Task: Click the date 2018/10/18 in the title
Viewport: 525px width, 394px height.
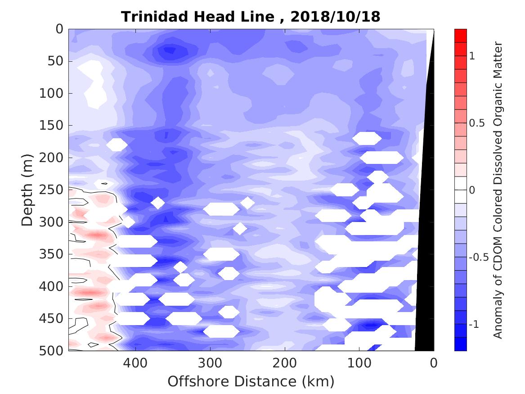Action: (336, 17)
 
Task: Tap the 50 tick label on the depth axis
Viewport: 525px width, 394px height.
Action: (56, 61)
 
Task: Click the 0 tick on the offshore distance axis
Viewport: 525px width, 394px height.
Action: (434, 362)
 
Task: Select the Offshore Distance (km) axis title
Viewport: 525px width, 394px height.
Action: (251, 382)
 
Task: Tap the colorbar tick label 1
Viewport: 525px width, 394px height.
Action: (472, 56)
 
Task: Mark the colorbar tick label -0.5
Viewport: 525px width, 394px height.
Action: (477, 258)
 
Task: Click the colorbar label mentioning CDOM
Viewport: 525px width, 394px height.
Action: (498, 190)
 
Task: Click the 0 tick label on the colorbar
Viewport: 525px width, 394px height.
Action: (472, 190)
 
